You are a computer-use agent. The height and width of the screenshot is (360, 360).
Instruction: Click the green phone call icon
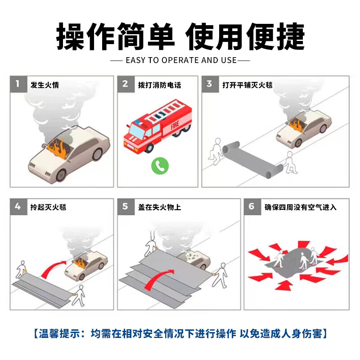pos(159,165)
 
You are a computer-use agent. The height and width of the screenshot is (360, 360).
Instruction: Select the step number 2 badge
pos(126,84)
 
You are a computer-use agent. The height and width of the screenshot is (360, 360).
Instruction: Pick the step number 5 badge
pos(126,207)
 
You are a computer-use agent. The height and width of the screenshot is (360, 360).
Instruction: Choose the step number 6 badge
pos(252,207)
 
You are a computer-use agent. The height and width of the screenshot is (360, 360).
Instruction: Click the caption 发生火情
pos(45,85)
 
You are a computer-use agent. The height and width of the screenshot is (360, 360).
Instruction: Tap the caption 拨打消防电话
pos(159,85)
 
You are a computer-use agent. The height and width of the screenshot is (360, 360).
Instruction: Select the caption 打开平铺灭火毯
pos(247,85)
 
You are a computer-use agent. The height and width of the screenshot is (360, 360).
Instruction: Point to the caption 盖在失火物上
pos(159,207)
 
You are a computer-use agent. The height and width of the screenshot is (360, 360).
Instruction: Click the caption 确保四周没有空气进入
pos(300,207)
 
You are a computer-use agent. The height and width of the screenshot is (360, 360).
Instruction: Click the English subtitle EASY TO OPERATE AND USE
pos(180,60)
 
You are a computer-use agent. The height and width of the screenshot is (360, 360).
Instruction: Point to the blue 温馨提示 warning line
pos(180,333)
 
